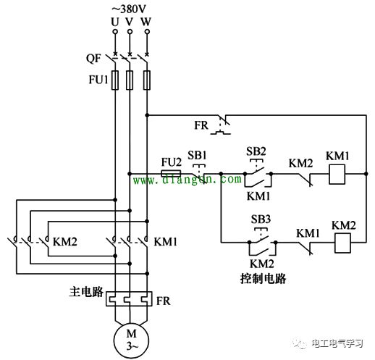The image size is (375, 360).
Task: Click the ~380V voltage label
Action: pos(129,9)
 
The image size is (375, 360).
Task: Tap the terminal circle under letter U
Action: pos(115,32)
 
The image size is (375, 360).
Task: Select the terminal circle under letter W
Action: pos(147,32)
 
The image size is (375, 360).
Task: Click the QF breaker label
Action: pos(93,59)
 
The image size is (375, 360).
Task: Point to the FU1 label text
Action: pos(98,80)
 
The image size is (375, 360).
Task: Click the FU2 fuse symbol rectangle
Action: pos(171,173)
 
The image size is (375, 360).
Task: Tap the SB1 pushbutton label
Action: pos(197,155)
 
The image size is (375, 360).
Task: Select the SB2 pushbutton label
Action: pos(256,151)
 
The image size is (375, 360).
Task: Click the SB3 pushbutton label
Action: pos(261,219)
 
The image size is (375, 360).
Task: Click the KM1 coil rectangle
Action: pos(337,175)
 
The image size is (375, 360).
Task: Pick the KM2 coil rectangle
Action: pos(342,243)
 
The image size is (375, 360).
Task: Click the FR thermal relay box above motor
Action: pos(129,298)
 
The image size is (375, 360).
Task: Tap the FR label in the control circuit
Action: pos(201,125)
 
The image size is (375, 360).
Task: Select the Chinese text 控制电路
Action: pos(263,278)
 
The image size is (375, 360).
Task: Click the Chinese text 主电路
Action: pos(86,291)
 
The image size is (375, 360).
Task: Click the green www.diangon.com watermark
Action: pos(187,180)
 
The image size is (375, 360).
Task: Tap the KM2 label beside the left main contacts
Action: pos(65,241)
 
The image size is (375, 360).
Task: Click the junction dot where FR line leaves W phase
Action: pos(147,115)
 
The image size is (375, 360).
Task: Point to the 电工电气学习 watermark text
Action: pos(337,343)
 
